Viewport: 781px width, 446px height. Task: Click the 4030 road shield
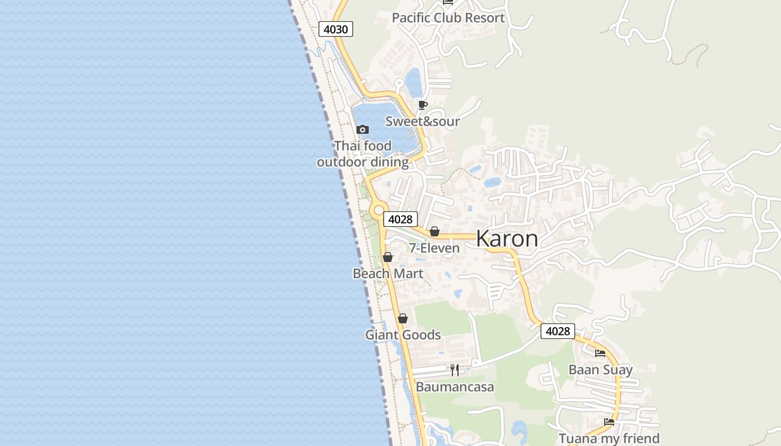tap(336, 29)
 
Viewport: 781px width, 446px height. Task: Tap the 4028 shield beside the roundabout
tap(400, 219)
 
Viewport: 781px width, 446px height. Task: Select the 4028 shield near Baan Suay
tap(557, 331)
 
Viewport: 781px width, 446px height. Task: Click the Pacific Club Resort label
tap(448, 18)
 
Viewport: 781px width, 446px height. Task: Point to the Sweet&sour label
tap(422, 122)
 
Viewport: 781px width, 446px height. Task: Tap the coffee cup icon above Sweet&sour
tap(422, 105)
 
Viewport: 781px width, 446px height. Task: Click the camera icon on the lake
tap(363, 130)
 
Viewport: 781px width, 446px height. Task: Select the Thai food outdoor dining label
tap(363, 154)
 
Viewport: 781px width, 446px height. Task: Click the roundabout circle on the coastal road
tap(379, 211)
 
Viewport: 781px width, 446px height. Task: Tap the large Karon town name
tap(507, 239)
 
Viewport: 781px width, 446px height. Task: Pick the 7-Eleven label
tap(434, 248)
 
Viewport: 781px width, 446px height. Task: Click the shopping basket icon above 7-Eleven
tap(435, 231)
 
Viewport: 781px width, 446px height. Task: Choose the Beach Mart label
tap(388, 274)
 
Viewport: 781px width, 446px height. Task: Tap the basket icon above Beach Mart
tap(388, 257)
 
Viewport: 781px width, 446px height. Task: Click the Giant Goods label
tap(403, 335)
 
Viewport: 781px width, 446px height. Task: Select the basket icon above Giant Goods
tap(403, 318)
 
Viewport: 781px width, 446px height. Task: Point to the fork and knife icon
tap(455, 370)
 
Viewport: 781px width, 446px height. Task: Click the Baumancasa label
tap(455, 387)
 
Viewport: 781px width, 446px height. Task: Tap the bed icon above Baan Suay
tap(600, 353)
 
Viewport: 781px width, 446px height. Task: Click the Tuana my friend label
tap(609, 439)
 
